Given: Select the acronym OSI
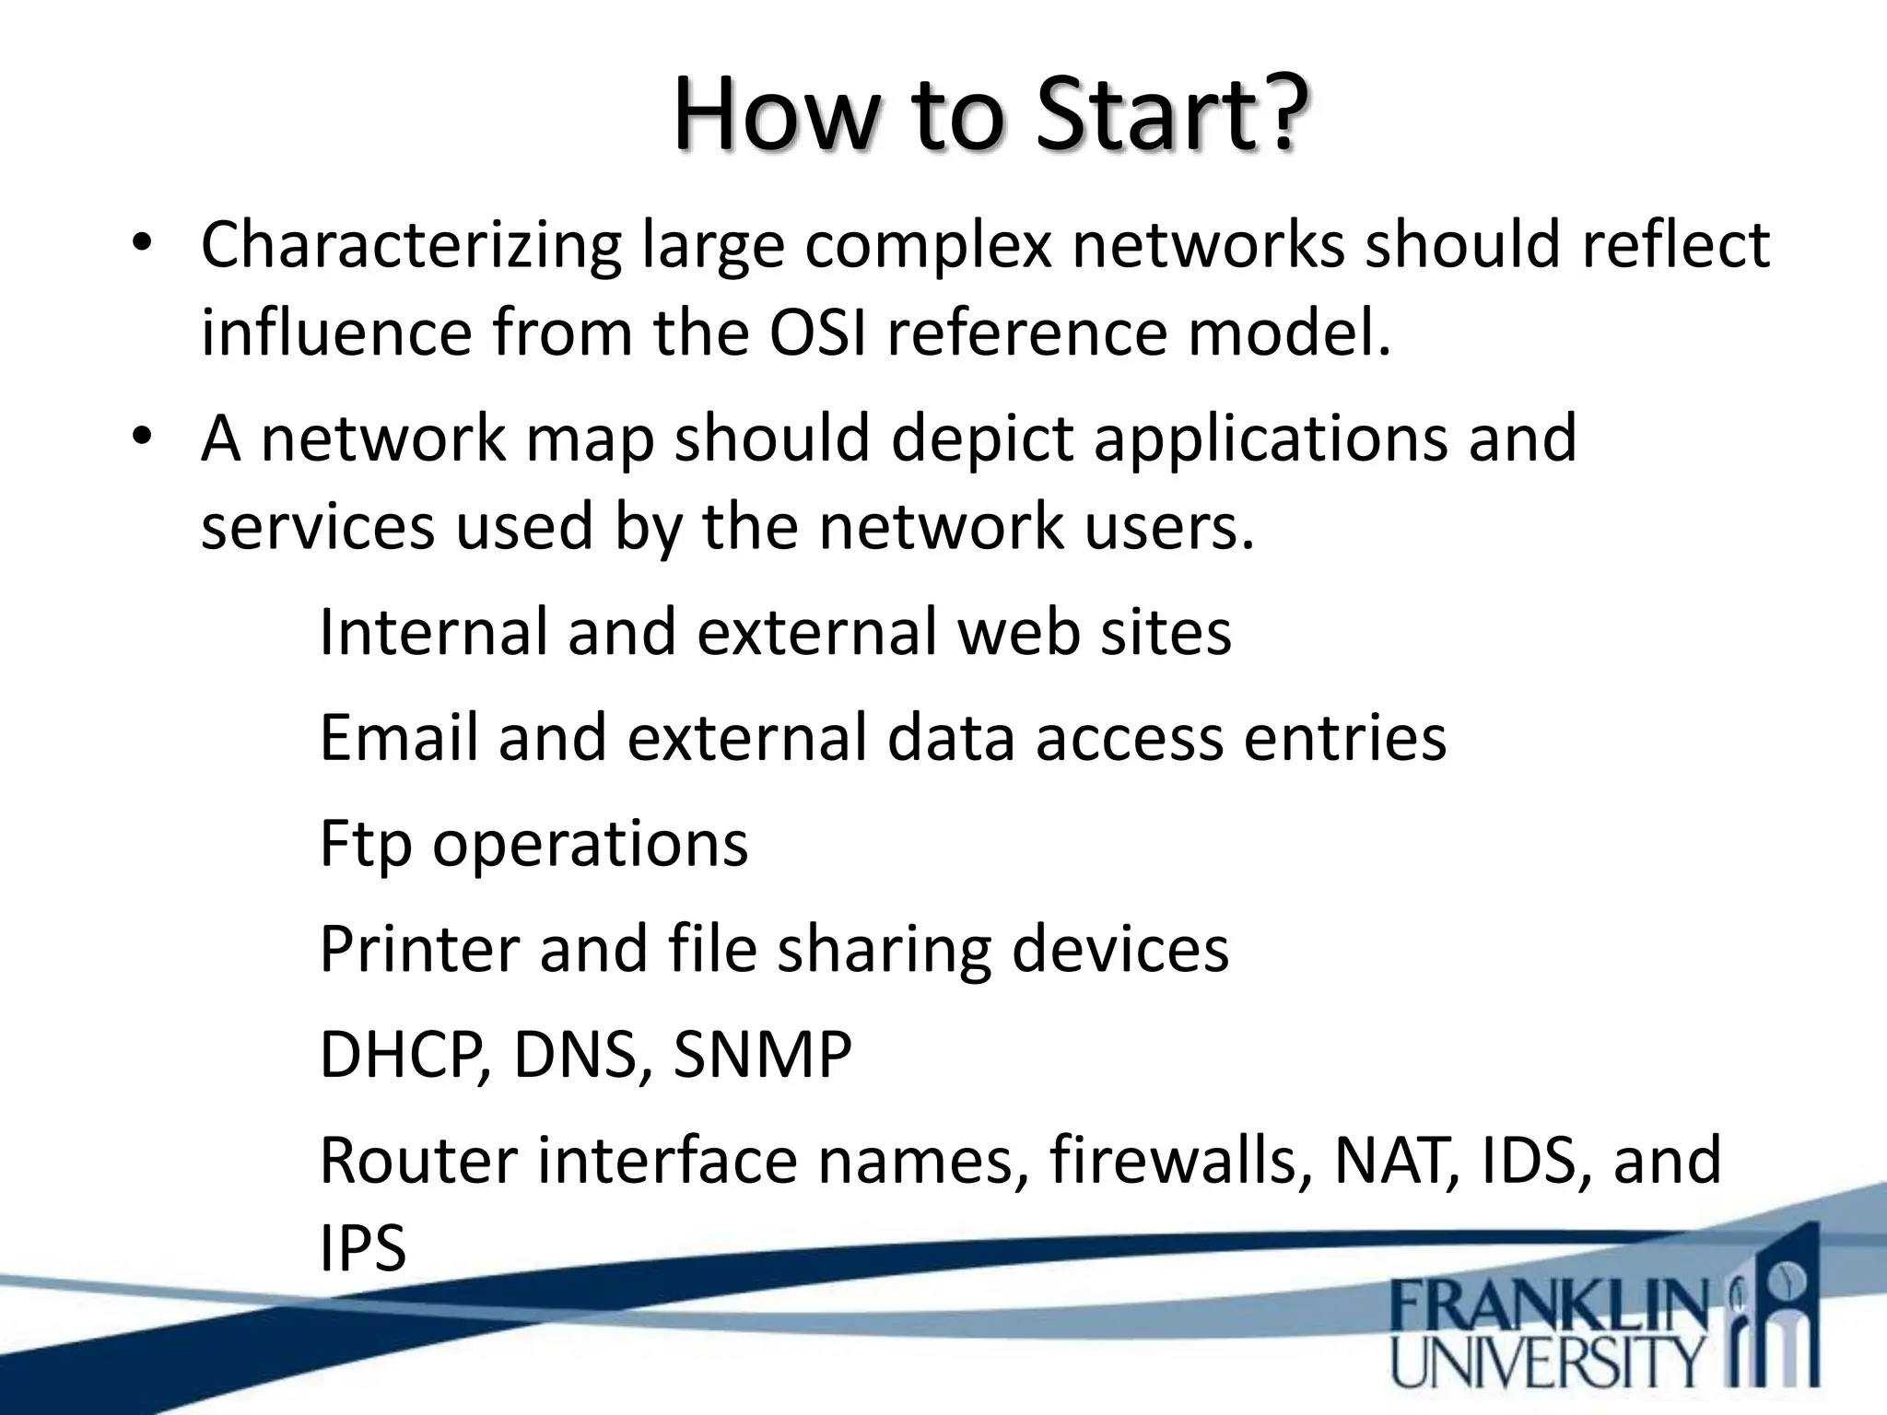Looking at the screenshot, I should coord(817,333).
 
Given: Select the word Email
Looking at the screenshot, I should coord(399,738).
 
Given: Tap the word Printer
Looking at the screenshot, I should coord(418,949).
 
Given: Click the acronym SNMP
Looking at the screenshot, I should coord(762,1055).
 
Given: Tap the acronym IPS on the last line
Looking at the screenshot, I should coord(362,1248).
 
